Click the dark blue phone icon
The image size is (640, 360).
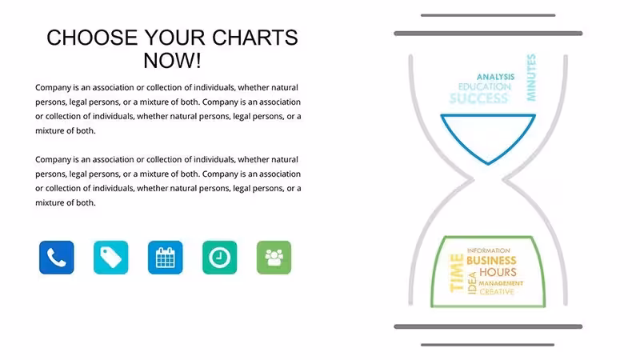[x=56, y=257]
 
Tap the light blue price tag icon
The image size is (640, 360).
[x=110, y=257]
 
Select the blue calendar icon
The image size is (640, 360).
[x=166, y=257]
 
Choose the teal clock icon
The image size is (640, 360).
[x=219, y=257]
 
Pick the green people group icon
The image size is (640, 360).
[x=274, y=257]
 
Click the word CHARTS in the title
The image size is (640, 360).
[x=255, y=38]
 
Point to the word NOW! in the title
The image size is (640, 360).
[x=172, y=61]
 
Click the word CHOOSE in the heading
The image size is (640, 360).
[x=92, y=38]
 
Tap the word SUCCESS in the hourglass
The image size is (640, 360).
[x=478, y=98]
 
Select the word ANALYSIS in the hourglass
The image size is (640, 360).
[x=495, y=77]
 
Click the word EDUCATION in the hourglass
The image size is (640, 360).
[x=485, y=86]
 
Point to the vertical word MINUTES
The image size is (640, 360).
[x=531, y=78]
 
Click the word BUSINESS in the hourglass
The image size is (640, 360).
[x=491, y=261]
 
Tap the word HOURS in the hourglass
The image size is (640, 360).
[x=498, y=272]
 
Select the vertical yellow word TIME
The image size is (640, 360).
[x=457, y=273]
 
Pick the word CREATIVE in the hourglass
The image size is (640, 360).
[x=497, y=292]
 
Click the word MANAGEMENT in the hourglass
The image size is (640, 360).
[x=501, y=283]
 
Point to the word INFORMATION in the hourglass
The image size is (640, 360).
[x=489, y=250]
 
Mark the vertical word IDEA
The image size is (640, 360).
[x=472, y=283]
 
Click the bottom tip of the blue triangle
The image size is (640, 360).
[x=488, y=164]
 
